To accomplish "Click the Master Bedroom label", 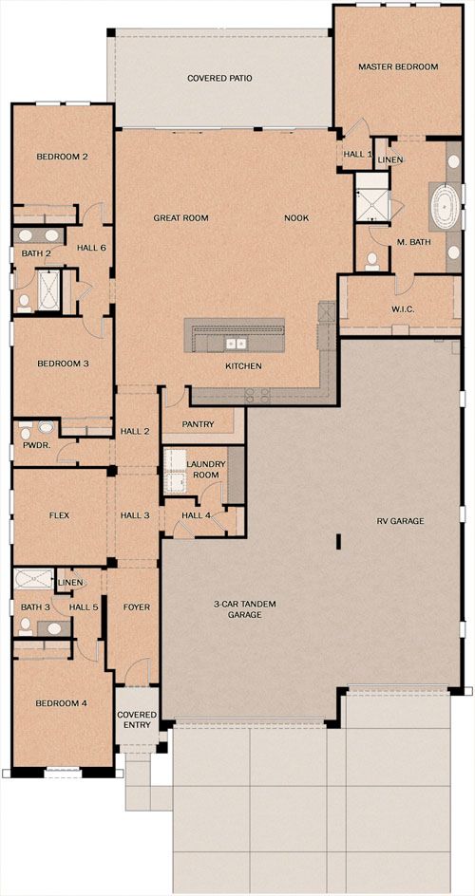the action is pos(398,66).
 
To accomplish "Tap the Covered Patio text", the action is pos(219,78).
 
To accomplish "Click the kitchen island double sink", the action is pos(235,344).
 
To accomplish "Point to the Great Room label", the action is pos(180,217).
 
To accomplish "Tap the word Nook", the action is pos(296,217).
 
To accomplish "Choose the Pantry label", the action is pos(198,424).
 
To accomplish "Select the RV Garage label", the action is pos(400,521).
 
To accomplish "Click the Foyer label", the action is pos(137,607).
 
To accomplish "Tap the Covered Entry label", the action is pos(137,720).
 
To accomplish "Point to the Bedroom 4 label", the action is pos(61,703).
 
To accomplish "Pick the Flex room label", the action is pos(60,515).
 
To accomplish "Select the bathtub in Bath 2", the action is pos(48,289).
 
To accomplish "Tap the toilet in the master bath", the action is pos(372,261).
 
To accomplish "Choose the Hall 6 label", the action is pos(91,248).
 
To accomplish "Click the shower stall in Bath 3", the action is pos(33,579).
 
